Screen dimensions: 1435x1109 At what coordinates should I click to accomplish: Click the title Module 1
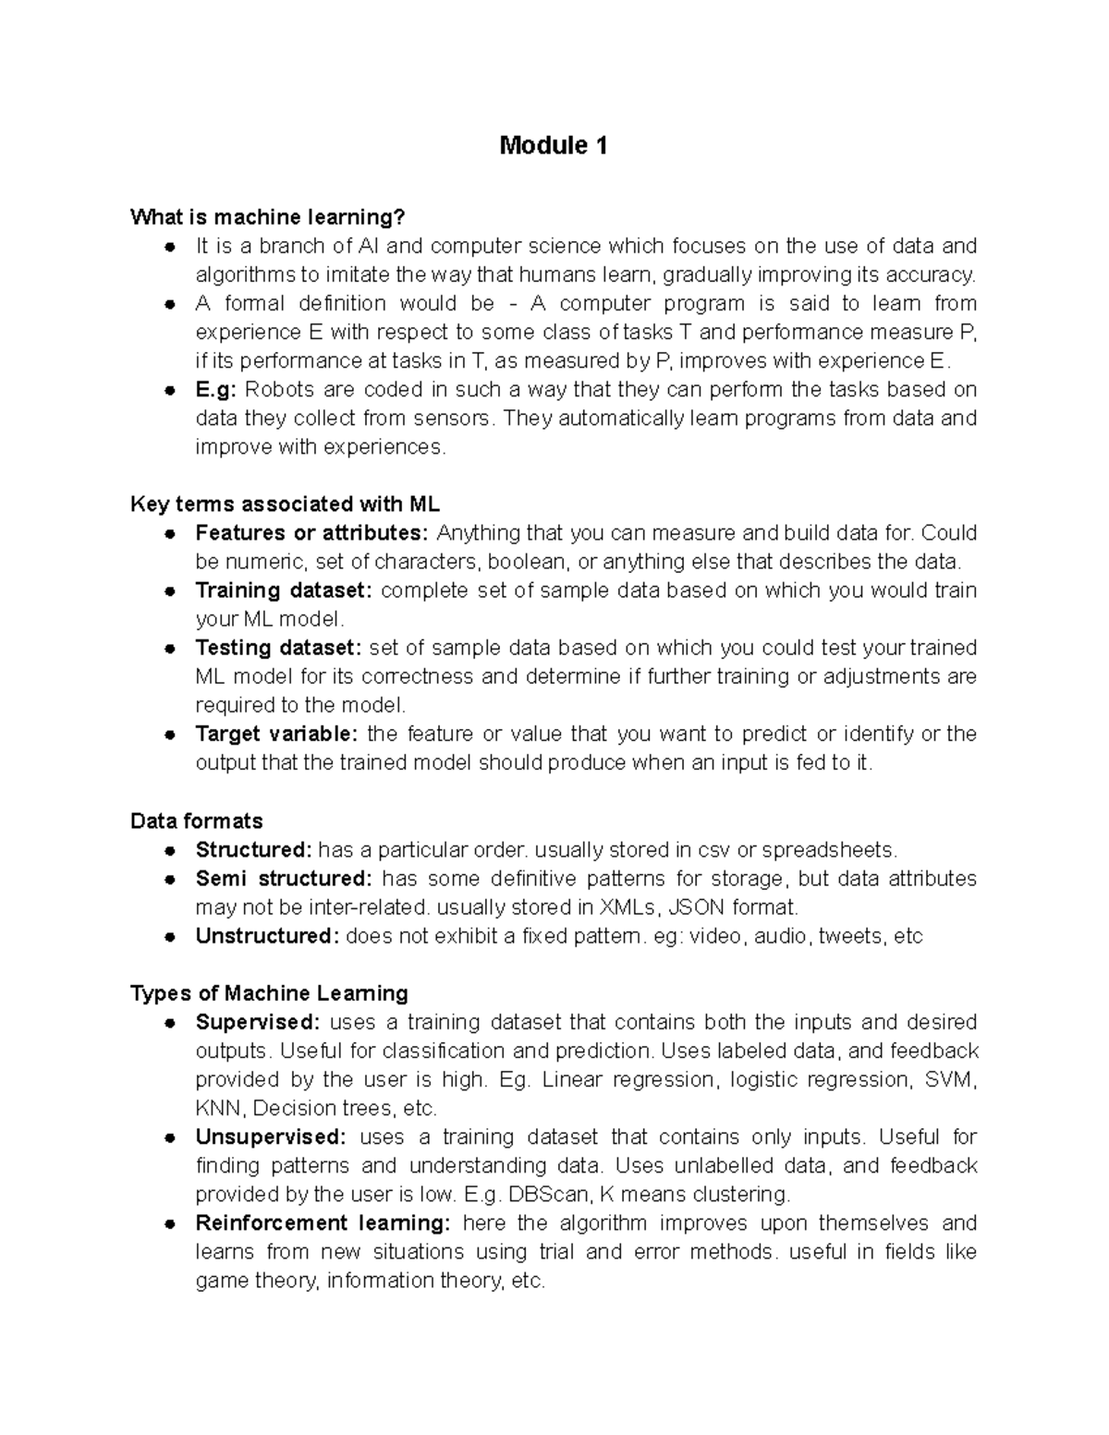[x=554, y=146]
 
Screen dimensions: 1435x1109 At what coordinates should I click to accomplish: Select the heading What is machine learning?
[x=268, y=217]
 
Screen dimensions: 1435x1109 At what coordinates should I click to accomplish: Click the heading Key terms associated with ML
[x=285, y=505]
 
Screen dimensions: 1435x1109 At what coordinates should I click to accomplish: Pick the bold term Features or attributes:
[x=312, y=533]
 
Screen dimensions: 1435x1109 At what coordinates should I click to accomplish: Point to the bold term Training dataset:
[x=284, y=590]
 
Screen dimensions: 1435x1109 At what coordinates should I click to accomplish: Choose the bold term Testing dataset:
[x=279, y=648]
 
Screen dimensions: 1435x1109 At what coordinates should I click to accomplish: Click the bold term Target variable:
[x=276, y=734]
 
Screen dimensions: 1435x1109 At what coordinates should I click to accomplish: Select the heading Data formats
[x=197, y=821]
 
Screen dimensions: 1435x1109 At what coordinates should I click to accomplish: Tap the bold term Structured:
[x=254, y=849]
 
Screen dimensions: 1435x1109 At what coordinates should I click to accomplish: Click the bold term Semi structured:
[x=284, y=878]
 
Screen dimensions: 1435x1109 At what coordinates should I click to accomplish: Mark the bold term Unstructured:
[x=267, y=936]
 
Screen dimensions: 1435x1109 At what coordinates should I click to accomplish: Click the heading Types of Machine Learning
[x=269, y=993]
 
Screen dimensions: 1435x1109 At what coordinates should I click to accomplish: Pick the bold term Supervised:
[x=258, y=1022]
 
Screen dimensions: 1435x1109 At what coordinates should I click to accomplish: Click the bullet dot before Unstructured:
[x=170, y=937]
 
